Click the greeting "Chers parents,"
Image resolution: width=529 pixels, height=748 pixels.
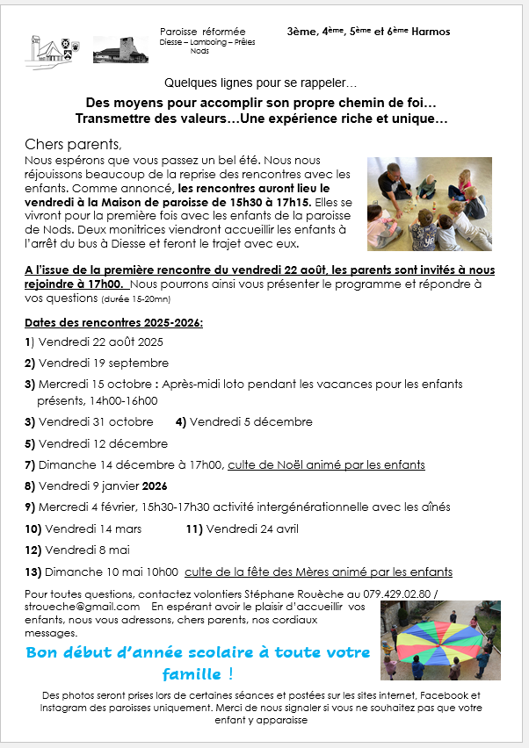click(x=75, y=144)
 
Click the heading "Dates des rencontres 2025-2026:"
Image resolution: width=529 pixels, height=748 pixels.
click(x=114, y=322)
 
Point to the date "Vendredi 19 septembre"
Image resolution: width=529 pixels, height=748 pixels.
click(x=104, y=363)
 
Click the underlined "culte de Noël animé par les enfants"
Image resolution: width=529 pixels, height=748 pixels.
click(x=326, y=464)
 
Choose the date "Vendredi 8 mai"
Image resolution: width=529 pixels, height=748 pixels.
click(x=87, y=550)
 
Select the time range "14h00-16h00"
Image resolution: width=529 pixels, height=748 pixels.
click(x=123, y=401)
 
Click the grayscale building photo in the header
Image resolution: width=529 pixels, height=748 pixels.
click(x=114, y=50)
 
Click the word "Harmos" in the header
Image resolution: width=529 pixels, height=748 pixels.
click(x=430, y=32)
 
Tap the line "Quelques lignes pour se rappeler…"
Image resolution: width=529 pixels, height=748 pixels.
click(x=261, y=83)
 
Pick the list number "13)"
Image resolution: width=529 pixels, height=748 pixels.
click(x=33, y=572)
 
